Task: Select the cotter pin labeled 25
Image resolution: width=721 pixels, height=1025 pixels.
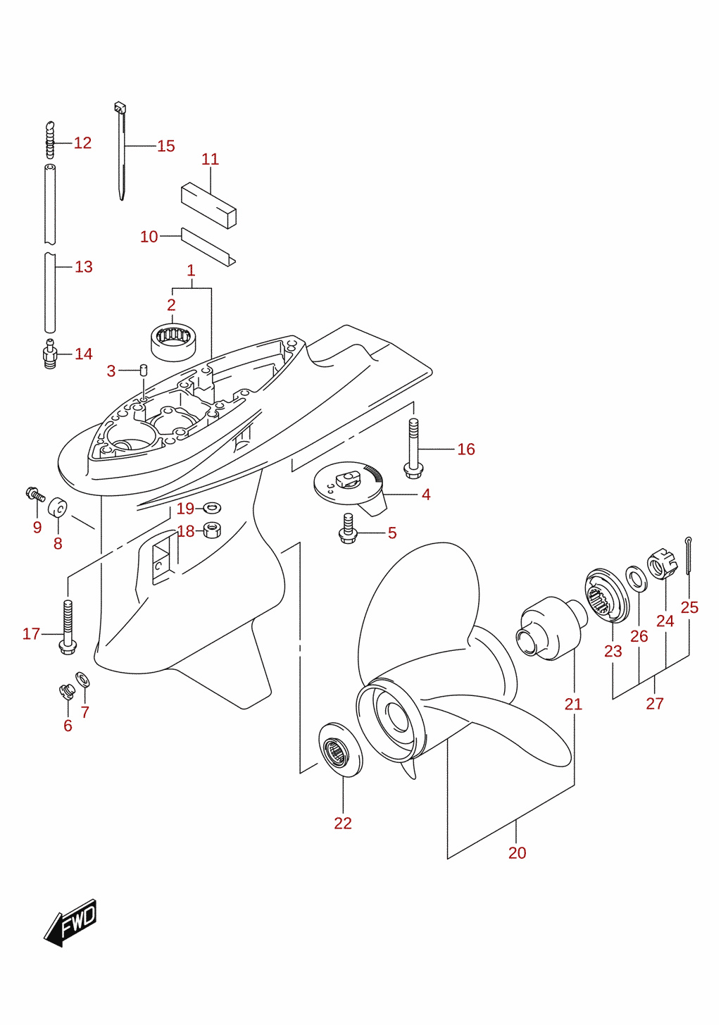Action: coord(689,556)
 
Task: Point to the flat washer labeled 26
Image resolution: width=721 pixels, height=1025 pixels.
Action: coord(636,578)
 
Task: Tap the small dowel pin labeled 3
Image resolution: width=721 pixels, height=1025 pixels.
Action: coord(143,369)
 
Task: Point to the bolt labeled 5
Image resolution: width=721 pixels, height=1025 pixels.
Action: coord(347,529)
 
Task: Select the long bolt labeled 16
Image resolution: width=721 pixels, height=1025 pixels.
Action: coord(413,449)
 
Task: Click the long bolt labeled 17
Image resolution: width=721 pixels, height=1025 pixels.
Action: coord(68,627)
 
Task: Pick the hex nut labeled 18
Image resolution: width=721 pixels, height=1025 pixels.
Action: coord(212,530)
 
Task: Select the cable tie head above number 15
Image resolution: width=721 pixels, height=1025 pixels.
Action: coord(120,108)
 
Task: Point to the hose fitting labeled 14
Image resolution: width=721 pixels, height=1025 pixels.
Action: coord(50,354)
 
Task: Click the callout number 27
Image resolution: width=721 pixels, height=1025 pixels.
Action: coord(655,703)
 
